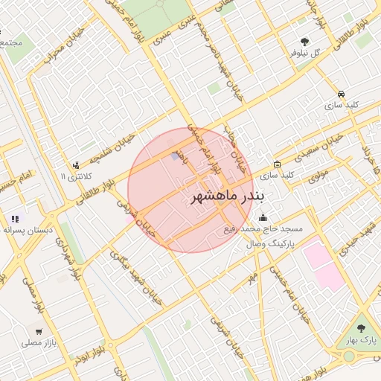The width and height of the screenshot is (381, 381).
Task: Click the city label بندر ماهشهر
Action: (x=222, y=197)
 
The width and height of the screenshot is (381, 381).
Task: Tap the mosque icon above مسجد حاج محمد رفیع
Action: (x=263, y=218)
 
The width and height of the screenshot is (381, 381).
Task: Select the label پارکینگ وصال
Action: (x=271, y=243)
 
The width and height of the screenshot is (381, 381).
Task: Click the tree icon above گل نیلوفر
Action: (x=304, y=42)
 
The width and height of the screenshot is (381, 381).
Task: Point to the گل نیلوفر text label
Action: (x=305, y=54)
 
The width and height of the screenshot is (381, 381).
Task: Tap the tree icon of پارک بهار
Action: (x=362, y=328)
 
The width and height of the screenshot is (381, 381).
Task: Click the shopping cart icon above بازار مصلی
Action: (x=39, y=331)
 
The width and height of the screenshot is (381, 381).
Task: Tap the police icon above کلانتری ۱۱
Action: (x=75, y=165)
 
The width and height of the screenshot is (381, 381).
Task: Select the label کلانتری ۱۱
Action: (x=74, y=177)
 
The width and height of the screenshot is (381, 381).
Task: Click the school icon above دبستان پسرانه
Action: (x=15, y=219)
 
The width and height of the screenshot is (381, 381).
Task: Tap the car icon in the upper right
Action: (x=341, y=94)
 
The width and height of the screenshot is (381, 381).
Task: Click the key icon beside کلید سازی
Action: (x=278, y=164)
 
